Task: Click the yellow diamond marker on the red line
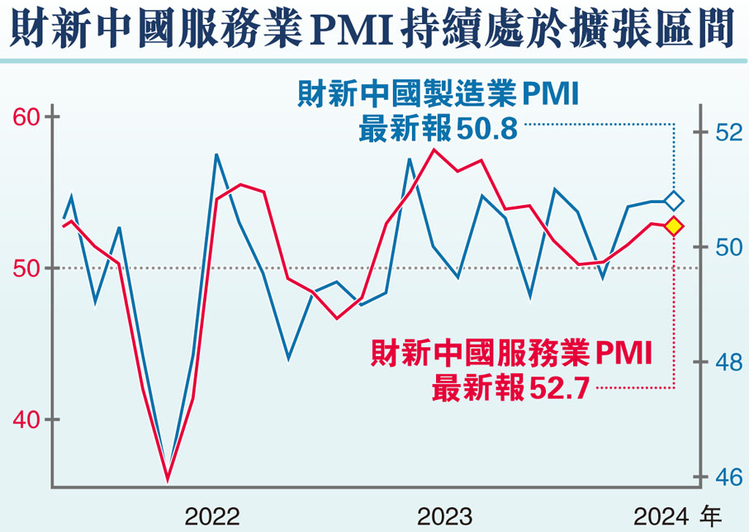(674, 226)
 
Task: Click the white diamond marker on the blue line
(674, 201)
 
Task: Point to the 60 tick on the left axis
(26, 116)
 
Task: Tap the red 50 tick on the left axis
(26, 268)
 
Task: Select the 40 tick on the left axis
(26, 420)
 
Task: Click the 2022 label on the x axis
(212, 517)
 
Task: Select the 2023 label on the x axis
(445, 517)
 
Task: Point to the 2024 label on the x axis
(661, 517)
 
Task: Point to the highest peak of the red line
(434, 150)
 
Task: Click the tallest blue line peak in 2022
(216, 154)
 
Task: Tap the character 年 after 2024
(713, 517)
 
